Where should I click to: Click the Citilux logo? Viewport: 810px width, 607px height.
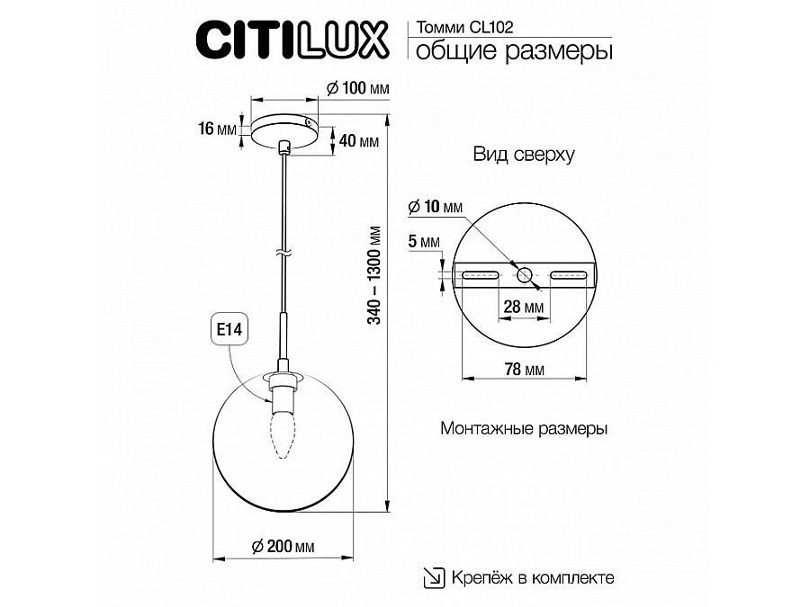click(x=292, y=40)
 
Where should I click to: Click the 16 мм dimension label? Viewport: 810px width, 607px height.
click(x=215, y=129)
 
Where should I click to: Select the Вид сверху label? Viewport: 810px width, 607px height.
click(x=524, y=155)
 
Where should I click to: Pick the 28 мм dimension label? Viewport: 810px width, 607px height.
click(x=523, y=308)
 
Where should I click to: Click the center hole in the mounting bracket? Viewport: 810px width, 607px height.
click(x=524, y=273)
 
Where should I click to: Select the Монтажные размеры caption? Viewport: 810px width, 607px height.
click(x=524, y=429)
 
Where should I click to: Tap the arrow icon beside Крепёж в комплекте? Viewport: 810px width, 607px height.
click(x=434, y=577)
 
